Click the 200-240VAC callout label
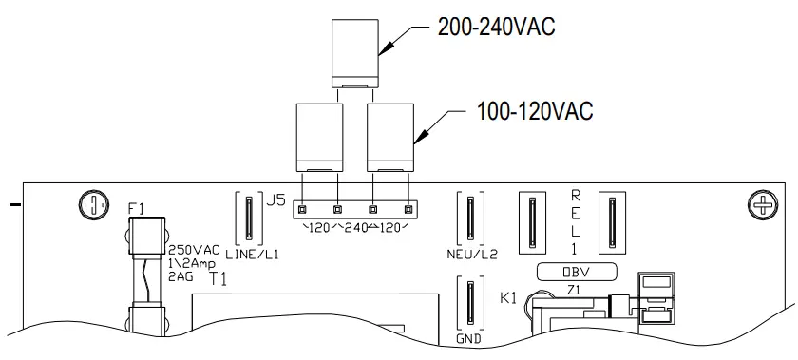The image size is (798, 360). (496, 28)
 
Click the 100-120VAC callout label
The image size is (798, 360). (534, 111)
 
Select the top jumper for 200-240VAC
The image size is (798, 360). (355, 52)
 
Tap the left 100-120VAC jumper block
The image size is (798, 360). (318, 137)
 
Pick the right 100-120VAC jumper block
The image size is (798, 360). (390, 137)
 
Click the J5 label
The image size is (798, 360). (275, 200)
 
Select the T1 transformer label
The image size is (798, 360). (218, 278)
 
